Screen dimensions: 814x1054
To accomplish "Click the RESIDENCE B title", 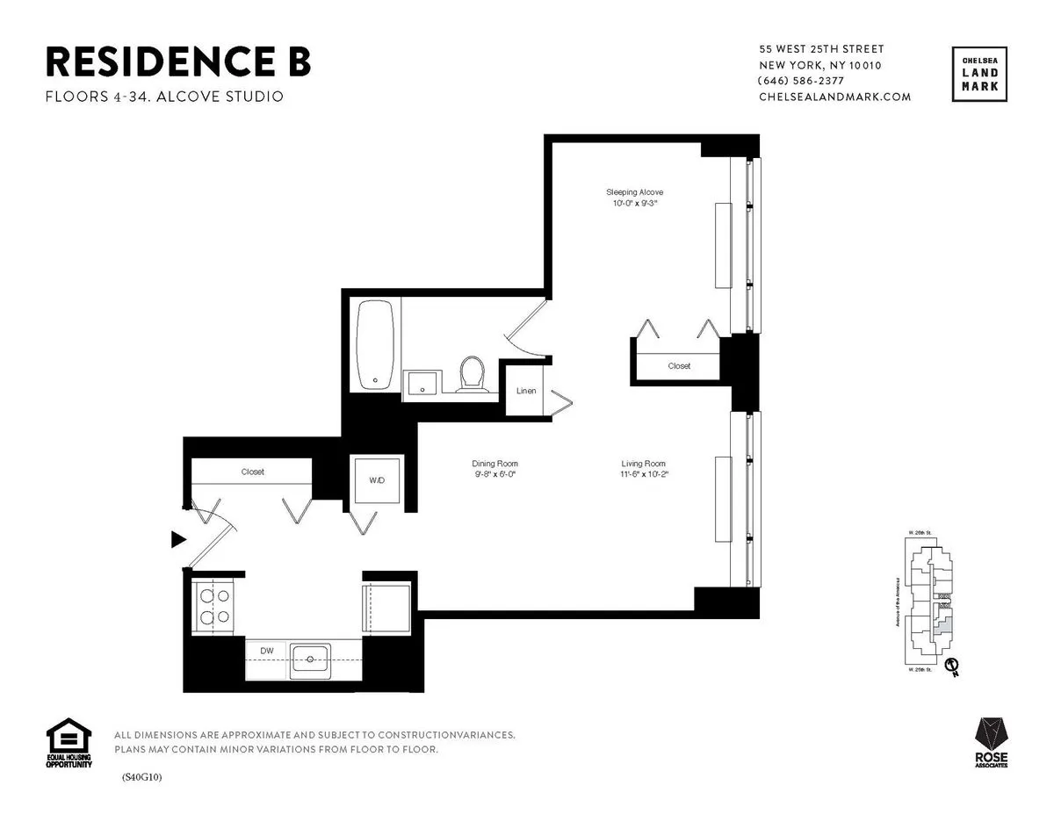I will (177, 62).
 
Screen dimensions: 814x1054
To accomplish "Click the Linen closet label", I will (526, 391).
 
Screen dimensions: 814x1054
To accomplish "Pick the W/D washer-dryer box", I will (376, 480).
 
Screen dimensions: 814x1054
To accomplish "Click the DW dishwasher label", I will (267, 651).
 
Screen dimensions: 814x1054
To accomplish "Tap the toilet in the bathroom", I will (472, 373).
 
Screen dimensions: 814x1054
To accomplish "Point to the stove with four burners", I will (213, 605).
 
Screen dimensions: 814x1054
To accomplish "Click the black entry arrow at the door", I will (178, 539).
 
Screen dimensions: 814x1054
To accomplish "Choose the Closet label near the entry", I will (253, 472).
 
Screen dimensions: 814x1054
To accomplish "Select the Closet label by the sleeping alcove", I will (679, 365).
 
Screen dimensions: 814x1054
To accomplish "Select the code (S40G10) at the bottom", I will (142, 777).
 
